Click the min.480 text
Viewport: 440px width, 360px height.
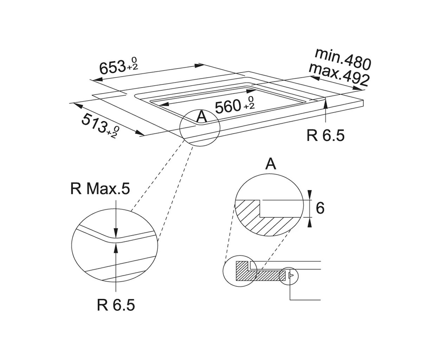(x=343, y=59)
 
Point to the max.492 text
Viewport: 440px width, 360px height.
(x=339, y=75)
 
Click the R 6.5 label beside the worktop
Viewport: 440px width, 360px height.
(x=325, y=135)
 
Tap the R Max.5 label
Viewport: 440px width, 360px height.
(x=100, y=189)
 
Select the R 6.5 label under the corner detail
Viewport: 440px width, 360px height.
(x=116, y=305)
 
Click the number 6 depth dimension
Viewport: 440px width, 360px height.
(x=320, y=208)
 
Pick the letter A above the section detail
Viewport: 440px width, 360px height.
(x=271, y=164)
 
